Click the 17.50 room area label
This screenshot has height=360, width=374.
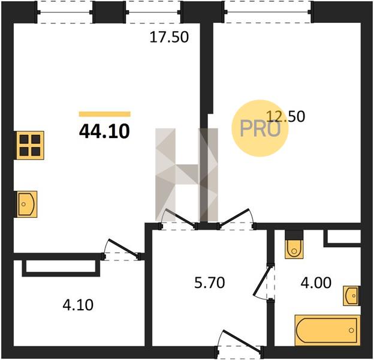169,37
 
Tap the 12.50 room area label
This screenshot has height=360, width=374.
285,116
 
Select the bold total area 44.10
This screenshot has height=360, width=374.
104,131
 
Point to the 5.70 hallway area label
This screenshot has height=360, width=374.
210,283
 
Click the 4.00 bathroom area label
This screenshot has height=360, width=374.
316,283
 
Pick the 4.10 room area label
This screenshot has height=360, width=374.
78,305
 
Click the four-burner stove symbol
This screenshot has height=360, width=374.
29,145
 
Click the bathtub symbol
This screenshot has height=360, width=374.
327,330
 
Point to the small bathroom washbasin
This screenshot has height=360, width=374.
351,296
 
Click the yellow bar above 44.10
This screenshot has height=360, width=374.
105,114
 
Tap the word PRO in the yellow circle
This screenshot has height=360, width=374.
260,128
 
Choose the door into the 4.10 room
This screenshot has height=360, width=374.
122,250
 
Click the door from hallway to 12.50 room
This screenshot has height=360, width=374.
236,219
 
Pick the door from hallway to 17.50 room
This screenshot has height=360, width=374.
179,219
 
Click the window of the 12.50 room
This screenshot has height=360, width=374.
268,12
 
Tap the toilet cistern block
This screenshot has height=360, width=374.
294,235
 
